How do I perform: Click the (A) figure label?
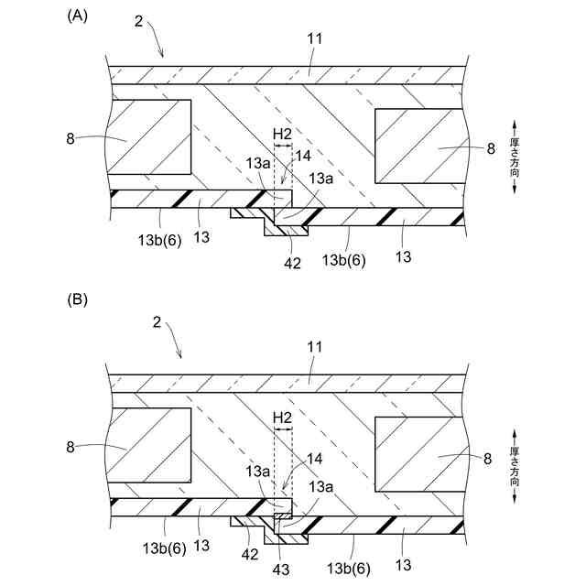[77, 16]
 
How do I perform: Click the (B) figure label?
[77, 299]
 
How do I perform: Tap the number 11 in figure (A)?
[314, 40]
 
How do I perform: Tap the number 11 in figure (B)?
[314, 348]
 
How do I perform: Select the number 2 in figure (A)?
[138, 20]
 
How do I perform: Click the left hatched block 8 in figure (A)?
[149, 137]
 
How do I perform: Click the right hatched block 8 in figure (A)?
[418, 145]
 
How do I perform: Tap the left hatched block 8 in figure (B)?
[149, 446]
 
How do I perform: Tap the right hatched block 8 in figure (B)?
[418, 452]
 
